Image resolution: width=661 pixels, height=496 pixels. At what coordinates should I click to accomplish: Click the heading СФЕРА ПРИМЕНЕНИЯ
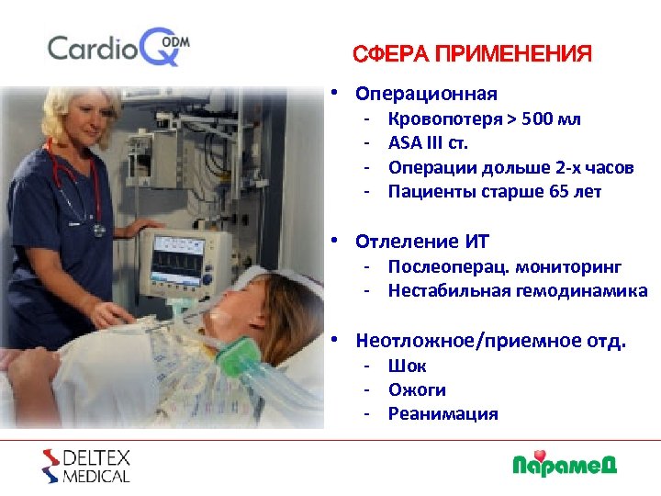click(472, 54)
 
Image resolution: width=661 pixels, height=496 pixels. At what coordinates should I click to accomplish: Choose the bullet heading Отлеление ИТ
click(422, 242)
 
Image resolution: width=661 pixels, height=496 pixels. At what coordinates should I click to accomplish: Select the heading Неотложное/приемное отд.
click(490, 341)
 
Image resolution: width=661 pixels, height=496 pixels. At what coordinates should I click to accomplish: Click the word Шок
click(407, 366)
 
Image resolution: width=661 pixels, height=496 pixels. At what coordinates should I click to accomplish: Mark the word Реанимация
click(443, 413)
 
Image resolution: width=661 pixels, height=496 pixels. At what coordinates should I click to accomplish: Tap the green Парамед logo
click(564, 463)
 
